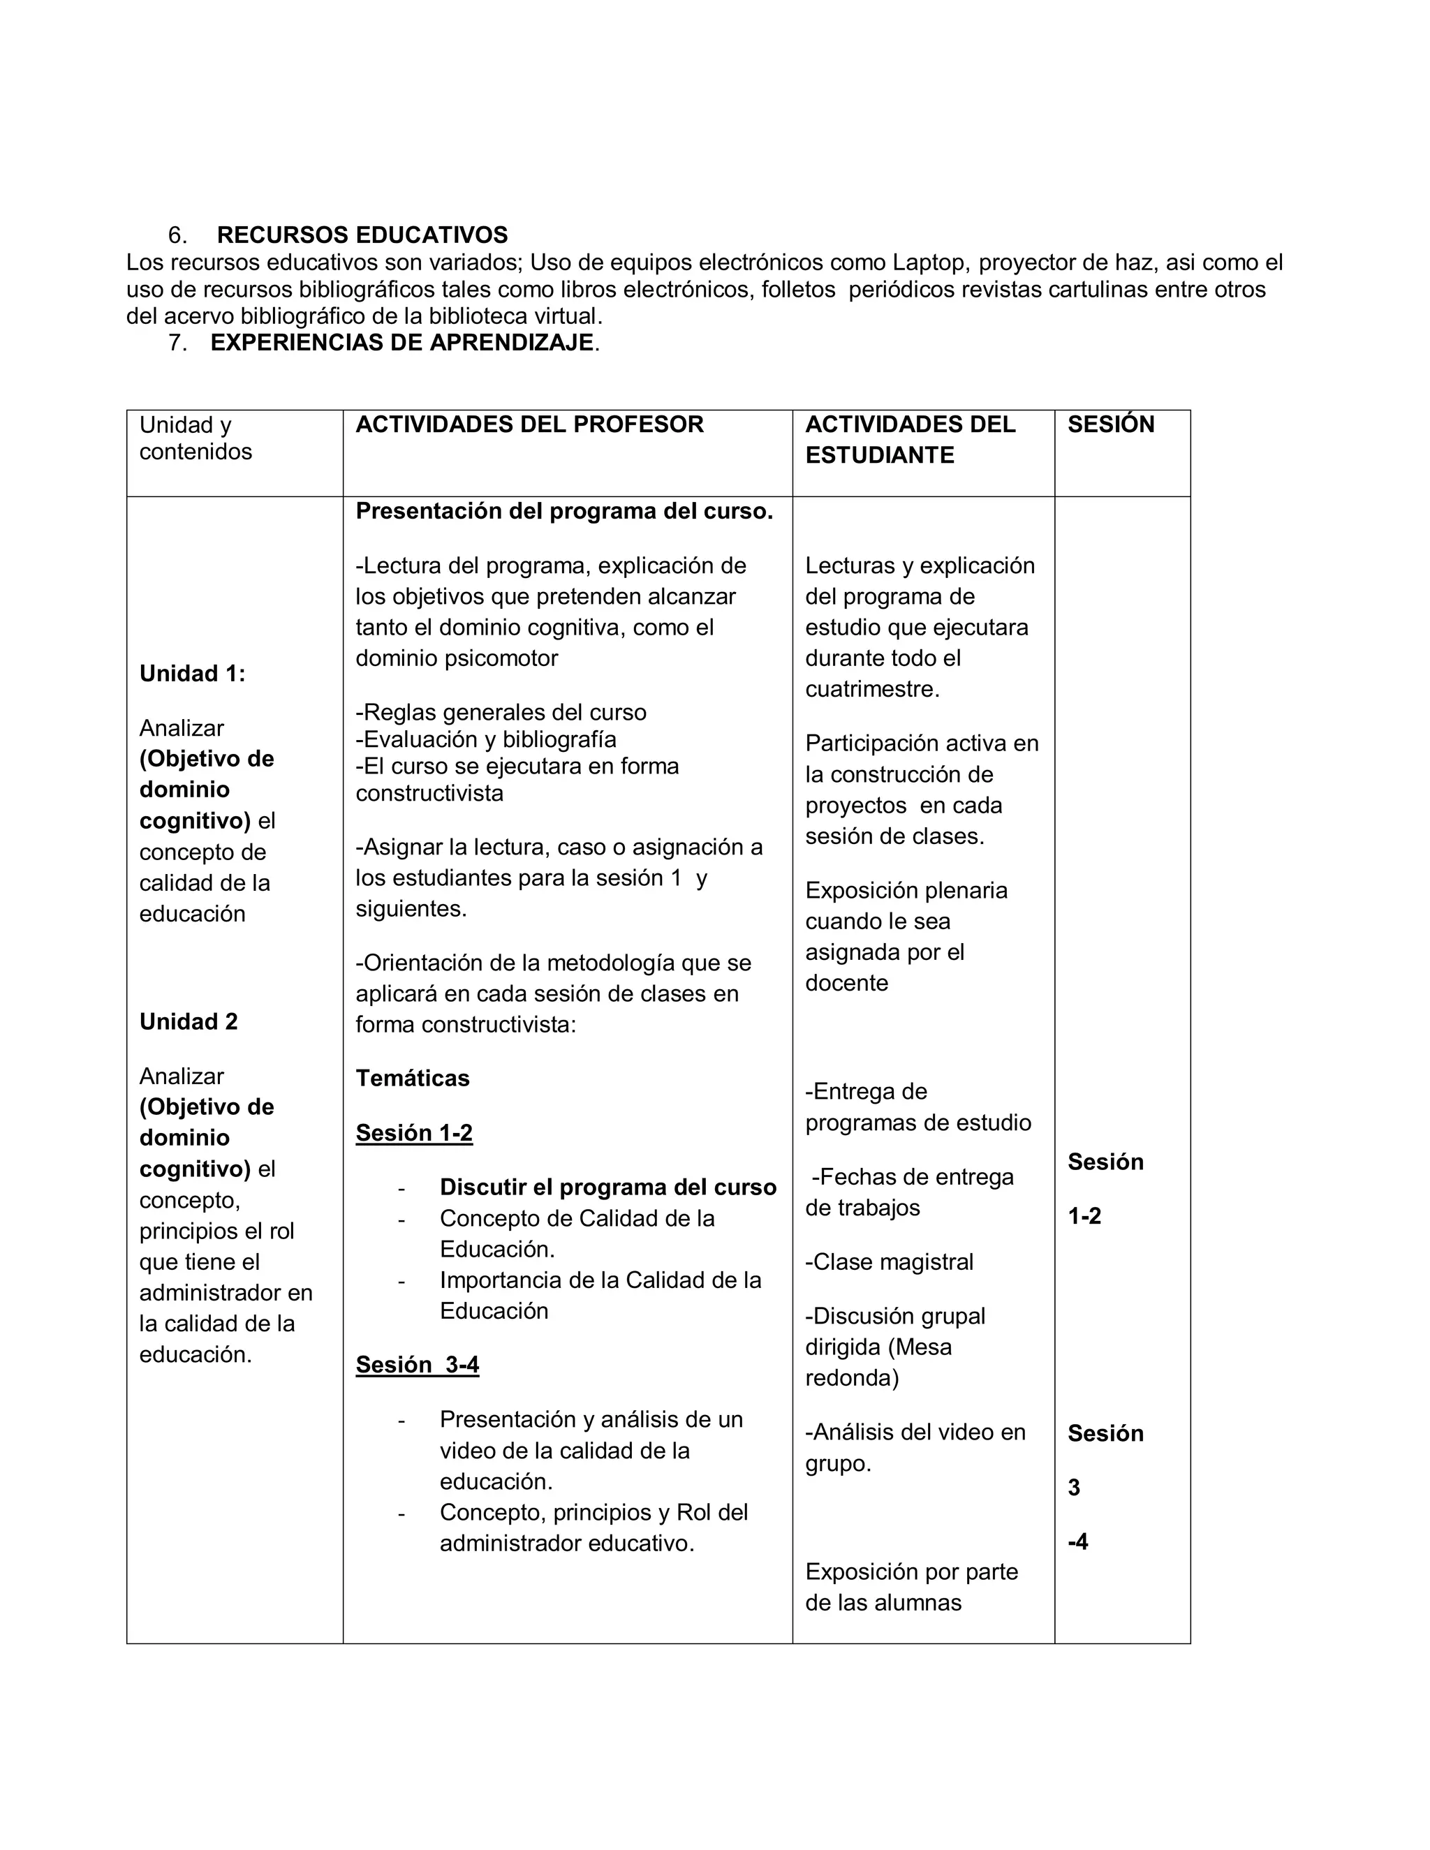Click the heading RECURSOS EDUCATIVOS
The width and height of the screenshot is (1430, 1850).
pos(362,235)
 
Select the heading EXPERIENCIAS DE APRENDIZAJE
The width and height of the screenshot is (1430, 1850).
pos(402,342)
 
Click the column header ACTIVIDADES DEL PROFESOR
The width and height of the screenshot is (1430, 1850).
pos(529,424)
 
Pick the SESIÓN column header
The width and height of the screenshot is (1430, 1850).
pos(1111,424)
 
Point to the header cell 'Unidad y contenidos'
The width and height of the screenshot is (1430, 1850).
pos(196,438)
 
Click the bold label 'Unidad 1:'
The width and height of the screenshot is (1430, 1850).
pos(192,674)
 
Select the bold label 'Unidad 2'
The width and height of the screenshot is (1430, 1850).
pos(188,1021)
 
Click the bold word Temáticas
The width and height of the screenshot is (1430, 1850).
pos(413,1079)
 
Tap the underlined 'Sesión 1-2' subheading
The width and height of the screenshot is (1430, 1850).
pos(414,1132)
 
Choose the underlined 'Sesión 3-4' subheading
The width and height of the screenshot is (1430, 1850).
pos(418,1365)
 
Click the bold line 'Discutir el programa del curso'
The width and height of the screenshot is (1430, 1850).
pos(607,1187)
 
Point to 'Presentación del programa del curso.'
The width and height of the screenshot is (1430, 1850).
pos(564,512)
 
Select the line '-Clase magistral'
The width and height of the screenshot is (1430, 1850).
pos(890,1262)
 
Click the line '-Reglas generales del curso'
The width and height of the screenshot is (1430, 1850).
pos(501,712)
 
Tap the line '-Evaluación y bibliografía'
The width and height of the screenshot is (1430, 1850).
pos(486,739)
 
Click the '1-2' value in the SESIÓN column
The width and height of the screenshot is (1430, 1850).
pos(1084,1216)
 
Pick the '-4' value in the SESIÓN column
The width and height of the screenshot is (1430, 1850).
pos(1077,1541)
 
